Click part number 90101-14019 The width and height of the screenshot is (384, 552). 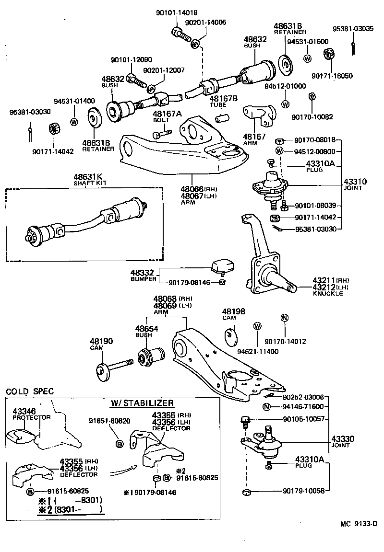click(x=177, y=12)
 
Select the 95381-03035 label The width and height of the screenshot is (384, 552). click(x=353, y=28)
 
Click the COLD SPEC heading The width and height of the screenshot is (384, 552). click(x=30, y=391)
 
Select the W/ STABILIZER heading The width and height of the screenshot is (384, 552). click(x=142, y=403)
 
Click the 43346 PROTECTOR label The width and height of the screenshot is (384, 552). click(x=31, y=414)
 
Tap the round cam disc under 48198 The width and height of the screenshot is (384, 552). click(x=231, y=336)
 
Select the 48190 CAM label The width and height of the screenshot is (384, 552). click(x=101, y=344)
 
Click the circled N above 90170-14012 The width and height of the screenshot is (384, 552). click(x=284, y=318)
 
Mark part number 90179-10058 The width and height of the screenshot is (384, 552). click(x=303, y=491)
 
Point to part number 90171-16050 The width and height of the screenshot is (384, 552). click(x=332, y=75)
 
